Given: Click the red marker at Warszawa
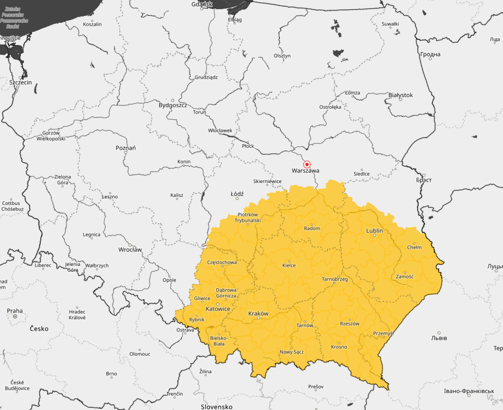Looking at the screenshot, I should point(308,164).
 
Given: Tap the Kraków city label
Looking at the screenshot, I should point(258,314).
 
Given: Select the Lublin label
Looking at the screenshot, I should point(375,231).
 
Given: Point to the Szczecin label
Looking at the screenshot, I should point(21,82).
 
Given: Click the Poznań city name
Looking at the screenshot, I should point(126,148).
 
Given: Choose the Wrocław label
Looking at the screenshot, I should point(130,249).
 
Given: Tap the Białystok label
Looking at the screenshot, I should point(401,95).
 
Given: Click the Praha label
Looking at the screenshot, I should point(15,311).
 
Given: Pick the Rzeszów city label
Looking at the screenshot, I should point(349,323).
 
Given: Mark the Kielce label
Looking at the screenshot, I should point(289,265).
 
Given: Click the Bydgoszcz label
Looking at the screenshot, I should point(173,105).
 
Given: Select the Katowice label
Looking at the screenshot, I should point(218,309).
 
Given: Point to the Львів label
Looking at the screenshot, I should point(439,338).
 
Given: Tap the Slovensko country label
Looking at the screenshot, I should point(217,406).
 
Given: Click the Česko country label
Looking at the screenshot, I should point(39,329).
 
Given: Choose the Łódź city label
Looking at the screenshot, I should point(237,194).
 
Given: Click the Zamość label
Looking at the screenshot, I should point(405,277).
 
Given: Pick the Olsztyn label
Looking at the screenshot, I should point(282,56).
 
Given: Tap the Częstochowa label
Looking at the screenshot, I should point(222,262).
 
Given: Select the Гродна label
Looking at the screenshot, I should point(430,54).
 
